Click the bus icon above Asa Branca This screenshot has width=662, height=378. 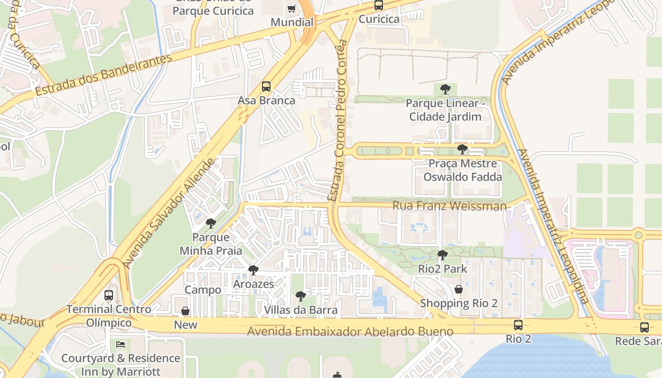[266, 86]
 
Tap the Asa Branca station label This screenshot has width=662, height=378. [266, 101]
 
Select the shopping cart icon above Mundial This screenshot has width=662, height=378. [292, 9]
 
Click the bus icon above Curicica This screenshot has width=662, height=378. [379, 5]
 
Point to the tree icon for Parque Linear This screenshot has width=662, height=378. [445, 89]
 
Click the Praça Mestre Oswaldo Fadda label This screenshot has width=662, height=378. [462, 170]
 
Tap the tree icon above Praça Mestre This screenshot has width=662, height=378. [462, 149]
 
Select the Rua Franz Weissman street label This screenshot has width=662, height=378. [449, 206]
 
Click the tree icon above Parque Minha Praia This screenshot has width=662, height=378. [211, 223]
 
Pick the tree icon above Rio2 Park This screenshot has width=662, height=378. [443, 255]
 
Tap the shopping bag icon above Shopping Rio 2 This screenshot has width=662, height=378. [459, 289]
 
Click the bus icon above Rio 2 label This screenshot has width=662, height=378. [518, 325]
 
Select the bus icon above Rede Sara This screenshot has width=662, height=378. [645, 327]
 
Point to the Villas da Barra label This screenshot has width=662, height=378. [301, 310]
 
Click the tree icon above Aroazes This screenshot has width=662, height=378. [253, 270]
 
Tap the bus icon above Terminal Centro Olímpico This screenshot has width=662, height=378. [109, 295]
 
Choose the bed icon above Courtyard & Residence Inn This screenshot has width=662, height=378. [121, 344]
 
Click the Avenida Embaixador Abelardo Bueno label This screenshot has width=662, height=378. [350, 331]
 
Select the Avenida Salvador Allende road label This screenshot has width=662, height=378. [169, 214]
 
